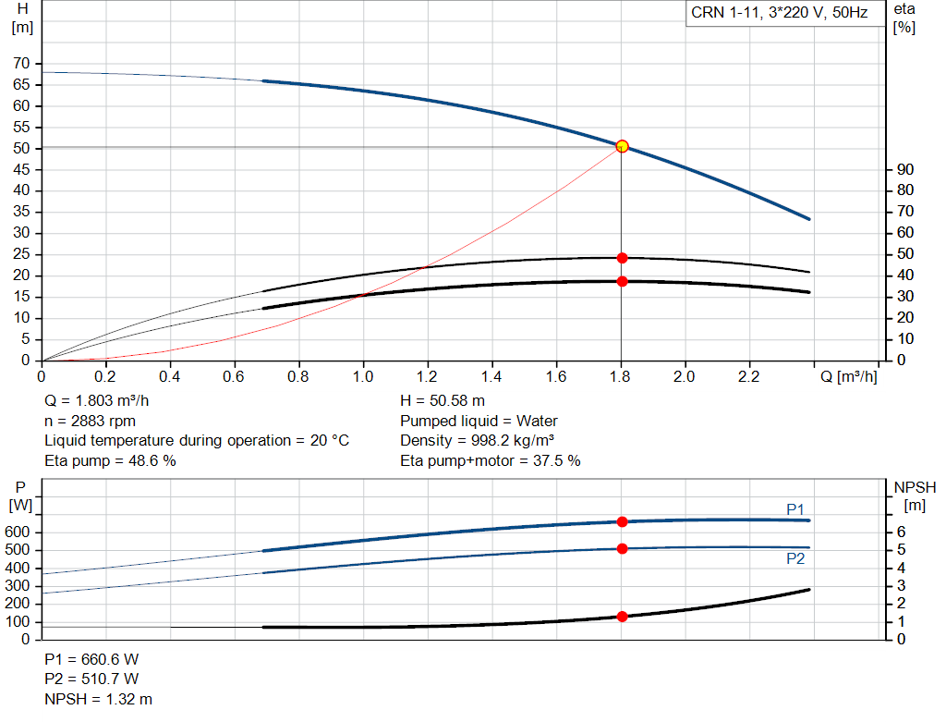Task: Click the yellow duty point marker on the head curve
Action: (x=622, y=146)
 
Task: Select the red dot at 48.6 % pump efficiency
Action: (x=622, y=258)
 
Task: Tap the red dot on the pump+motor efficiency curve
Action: (x=622, y=281)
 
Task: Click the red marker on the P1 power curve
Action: (x=622, y=522)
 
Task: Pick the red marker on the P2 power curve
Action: (x=622, y=549)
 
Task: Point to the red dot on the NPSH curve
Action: (x=622, y=617)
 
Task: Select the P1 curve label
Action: (x=795, y=509)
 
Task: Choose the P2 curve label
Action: (x=795, y=558)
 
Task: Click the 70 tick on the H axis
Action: (x=20, y=64)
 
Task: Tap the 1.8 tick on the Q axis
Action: (x=620, y=378)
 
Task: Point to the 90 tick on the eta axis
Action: (x=905, y=169)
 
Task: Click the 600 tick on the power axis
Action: (x=20, y=532)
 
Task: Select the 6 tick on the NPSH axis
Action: (x=901, y=532)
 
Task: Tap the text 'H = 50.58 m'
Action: (x=443, y=401)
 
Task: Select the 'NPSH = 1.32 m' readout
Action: (x=99, y=699)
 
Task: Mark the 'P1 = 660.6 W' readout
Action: (x=91, y=660)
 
